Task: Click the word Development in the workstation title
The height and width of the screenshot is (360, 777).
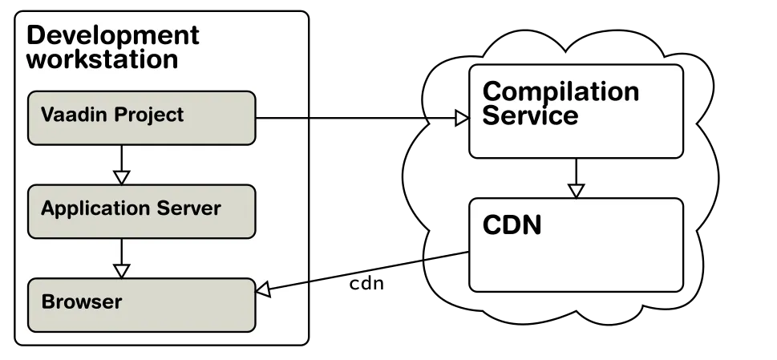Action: point(112,35)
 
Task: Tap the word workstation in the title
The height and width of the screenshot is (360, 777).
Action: point(102,59)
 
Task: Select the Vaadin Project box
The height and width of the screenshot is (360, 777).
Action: point(141,118)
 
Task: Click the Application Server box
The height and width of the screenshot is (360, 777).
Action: point(141,211)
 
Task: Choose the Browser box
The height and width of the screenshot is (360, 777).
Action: point(141,305)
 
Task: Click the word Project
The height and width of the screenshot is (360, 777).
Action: point(148,115)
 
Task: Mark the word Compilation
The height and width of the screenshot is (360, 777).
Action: point(560,91)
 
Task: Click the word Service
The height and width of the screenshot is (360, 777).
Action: point(529,115)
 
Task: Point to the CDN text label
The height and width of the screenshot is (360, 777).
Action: point(512,225)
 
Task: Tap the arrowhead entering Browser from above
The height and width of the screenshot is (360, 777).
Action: point(121,270)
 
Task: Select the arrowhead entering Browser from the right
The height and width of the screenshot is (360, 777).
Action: point(264,289)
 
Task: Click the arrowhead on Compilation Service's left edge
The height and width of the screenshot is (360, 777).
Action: point(461,118)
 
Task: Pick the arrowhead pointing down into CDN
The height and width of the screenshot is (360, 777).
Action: point(576,191)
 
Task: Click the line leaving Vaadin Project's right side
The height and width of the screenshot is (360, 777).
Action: point(281,118)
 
